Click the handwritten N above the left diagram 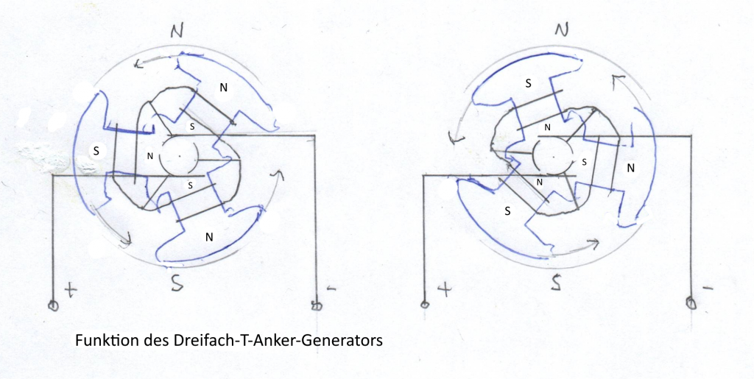tap(176, 30)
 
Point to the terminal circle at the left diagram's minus tap(317, 302)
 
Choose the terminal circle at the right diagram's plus tap(424, 303)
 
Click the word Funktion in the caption tap(99, 341)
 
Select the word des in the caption tap(140, 341)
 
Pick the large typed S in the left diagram tap(94, 149)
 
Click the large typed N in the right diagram tap(630, 168)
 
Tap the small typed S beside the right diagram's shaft tap(584, 160)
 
